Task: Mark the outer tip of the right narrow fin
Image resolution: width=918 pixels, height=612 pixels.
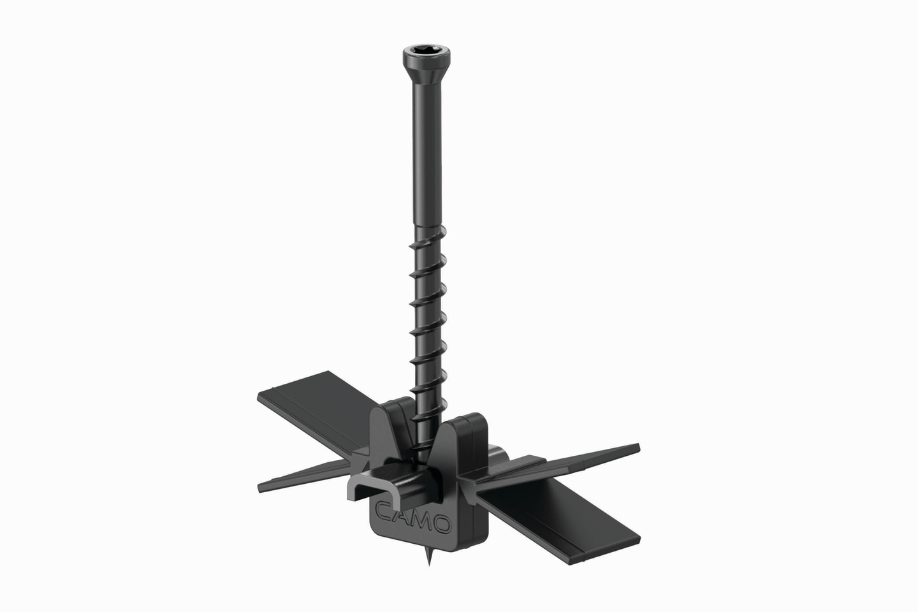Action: (636, 446)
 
